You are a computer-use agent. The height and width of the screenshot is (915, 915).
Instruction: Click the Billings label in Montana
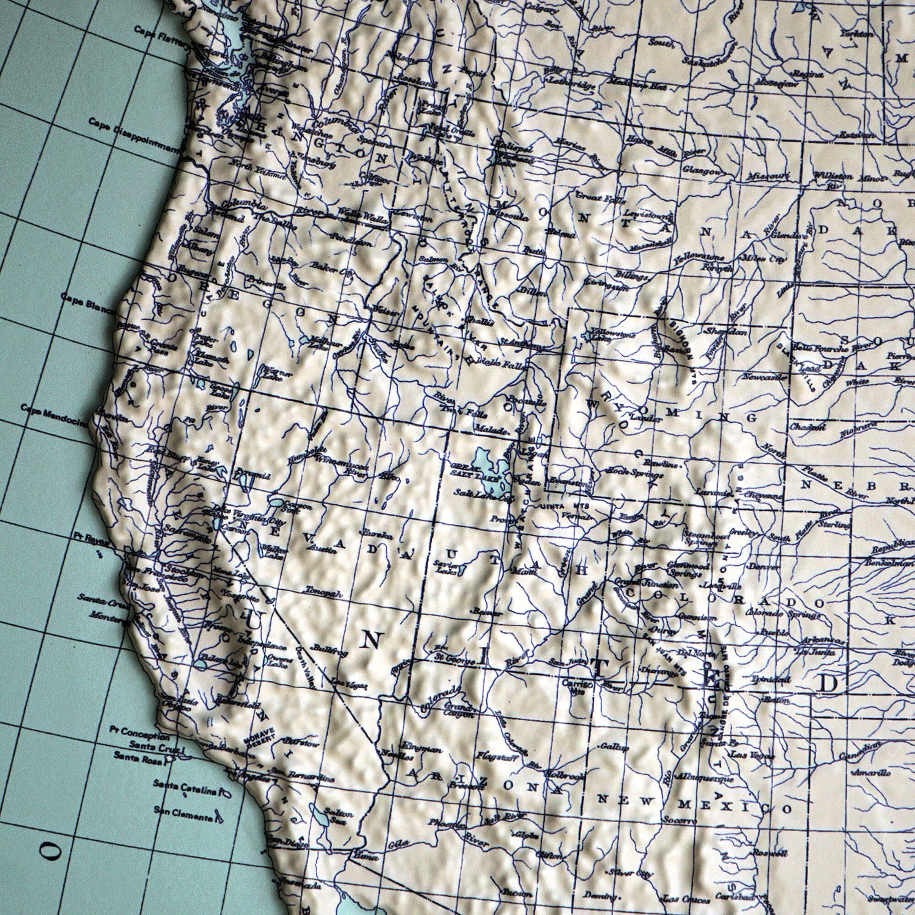click(x=631, y=275)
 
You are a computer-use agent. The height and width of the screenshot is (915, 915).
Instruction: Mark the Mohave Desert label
click(x=259, y=737)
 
